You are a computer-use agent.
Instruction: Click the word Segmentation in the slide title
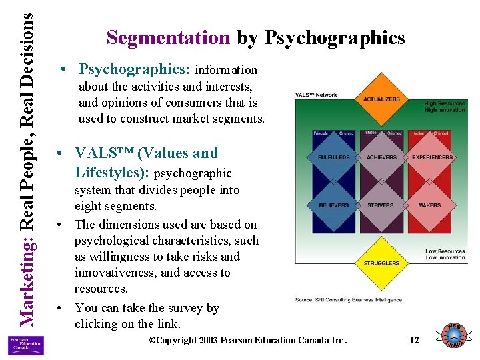(x=168, y=37)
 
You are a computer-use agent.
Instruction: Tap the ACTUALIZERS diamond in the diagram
(x=382, y=100)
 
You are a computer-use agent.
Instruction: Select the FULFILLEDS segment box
(x=333, y=157)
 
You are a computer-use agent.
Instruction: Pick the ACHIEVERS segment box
(x=382, y=157)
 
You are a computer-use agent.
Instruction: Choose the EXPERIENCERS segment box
(x=432, y=157)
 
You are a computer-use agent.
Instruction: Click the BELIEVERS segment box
(x=333, y=205)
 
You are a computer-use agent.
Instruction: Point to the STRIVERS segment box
(x=381, y=205)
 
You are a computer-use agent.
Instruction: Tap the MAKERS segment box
(x=429, y=205)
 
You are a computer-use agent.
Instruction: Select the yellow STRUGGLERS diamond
(x=381, y=263)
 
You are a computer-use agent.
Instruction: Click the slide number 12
(x=414, y=340)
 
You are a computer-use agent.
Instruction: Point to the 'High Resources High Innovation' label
(x=445, y=107)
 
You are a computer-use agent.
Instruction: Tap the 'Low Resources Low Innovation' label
(x=445, y=255)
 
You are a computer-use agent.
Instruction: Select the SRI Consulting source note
(x=349, y=300)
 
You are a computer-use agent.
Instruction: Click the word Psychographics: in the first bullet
(x=135, y=69)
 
